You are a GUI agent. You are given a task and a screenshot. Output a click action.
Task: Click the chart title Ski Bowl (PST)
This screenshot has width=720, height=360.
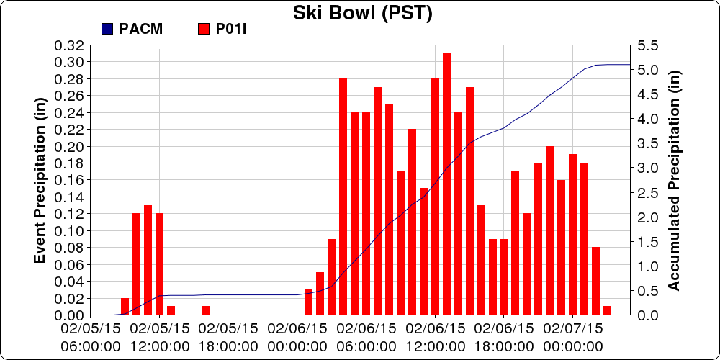[x=362, y=13]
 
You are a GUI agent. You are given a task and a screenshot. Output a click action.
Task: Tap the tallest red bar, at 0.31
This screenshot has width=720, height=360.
[x=446, y=184]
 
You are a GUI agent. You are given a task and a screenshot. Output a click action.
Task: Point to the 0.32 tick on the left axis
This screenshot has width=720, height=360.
[x=69, y=45]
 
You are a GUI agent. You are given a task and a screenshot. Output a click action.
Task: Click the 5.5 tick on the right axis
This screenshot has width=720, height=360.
[x=646, y=45]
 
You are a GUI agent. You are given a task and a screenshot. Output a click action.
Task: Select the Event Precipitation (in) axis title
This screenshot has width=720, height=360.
[x=42, y=180]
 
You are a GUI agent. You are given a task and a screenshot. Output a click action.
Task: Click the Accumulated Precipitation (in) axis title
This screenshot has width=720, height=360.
[x=674, y=180]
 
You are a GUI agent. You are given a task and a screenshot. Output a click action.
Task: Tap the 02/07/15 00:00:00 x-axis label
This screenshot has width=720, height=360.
[x=573, y=336]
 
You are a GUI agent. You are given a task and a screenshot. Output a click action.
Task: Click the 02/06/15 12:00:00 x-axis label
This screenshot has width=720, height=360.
[x=435, y=336]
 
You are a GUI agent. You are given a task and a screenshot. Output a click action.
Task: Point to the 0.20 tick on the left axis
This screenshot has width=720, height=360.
[x=69, y=146]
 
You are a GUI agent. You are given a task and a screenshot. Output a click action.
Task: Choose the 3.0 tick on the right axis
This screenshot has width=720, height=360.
[x=646, y=168]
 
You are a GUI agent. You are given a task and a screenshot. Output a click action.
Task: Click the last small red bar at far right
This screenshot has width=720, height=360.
[x=607, y=310]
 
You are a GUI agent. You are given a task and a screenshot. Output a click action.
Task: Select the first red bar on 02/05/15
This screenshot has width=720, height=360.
[x=125, y=307]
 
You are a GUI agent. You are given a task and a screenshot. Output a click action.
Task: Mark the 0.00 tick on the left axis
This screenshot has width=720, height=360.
[x=69, y=315]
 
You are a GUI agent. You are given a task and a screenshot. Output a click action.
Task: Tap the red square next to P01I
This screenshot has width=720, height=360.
[x=203, y=29]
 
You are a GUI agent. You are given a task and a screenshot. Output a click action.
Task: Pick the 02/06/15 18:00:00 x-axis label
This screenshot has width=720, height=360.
[x=504, y=336]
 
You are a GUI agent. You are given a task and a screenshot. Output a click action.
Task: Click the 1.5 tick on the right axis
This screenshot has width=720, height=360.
[x=646, y=241]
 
